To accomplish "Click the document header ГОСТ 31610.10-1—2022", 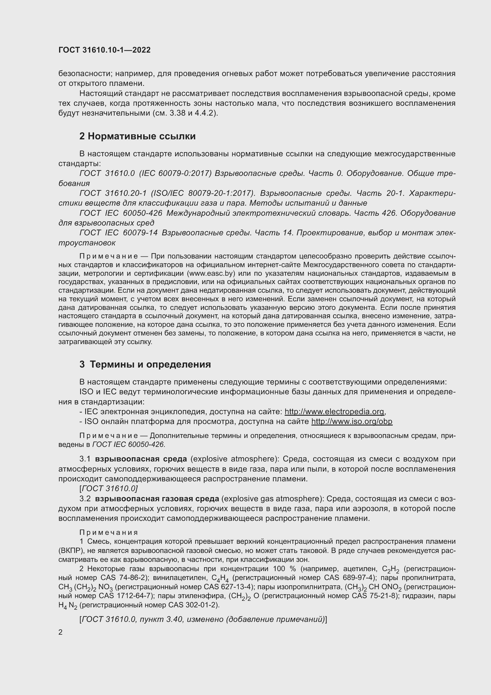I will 104,50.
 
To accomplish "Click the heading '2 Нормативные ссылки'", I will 137,136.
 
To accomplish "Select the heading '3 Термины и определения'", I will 145,364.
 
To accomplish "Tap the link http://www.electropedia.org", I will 334,412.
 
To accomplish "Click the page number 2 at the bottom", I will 61,632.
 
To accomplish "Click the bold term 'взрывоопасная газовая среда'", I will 157,499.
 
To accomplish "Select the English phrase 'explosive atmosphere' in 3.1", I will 235,459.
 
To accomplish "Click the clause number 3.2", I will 85,499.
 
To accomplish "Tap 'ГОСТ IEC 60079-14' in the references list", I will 118,233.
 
